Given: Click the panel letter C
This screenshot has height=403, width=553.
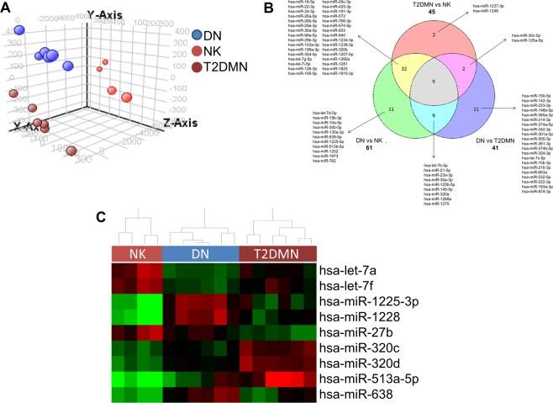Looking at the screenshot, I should [100, 215].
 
